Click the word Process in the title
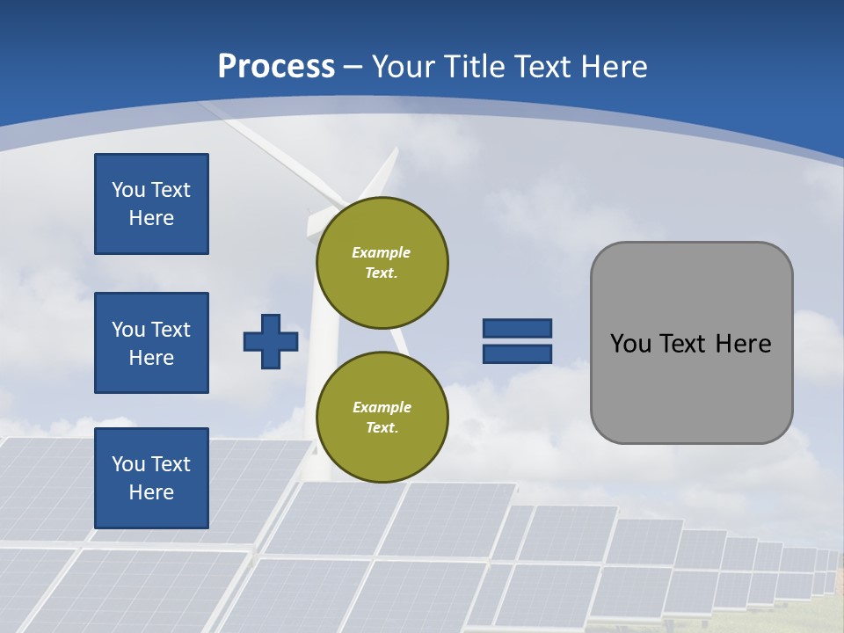pyautogui.click(x=276, y=66)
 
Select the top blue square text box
pyautogui.click(x=151, y=204)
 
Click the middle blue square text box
pyautogui.click(x=151, y=343)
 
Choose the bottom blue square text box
pyautogui.click(x=151, y=477)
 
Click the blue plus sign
pyautogui.click(x=271, y=341)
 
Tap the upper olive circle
pyautogui.click(x=382, y=262)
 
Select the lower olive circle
pyautogui.click(x=382, y=417)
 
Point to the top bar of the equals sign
pyautogui.click(x=517, y=328)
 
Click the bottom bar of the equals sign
pyautogui.click(x=517, y=353)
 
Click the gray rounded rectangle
pyautogui.click(x=691, y=387)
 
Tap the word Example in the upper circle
pyautogui.click(x=382, y=252)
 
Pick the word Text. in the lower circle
pyautogui.click(x=382, y=428)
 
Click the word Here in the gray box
pyautogui.click(x=743, y=344)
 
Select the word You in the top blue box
pyautogui.click(x=127, y=190)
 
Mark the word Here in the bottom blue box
pyautogui.click(x=151, y=492)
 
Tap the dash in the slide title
pyautogui.click(x=353, y=67)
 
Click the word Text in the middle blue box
pyautogui.click(x=170, y=330)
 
